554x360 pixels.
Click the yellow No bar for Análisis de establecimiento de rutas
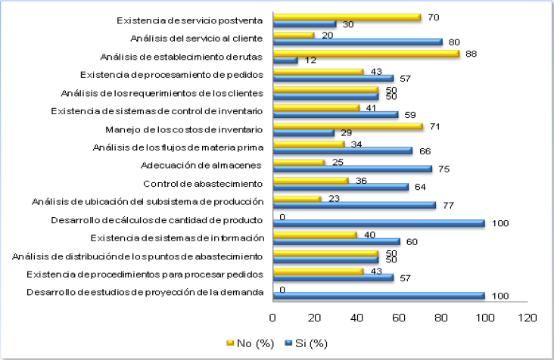pos(366,53)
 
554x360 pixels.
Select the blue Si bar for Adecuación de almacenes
pos(352,169)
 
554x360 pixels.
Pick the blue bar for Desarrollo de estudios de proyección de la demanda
pos(378,296)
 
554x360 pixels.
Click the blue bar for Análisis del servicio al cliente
pos(357,42)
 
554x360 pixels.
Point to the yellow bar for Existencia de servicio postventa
pos(347,17)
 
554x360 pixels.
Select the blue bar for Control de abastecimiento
pos(341,187)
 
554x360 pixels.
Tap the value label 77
pos(447,205)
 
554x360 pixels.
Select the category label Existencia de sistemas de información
pos(192,237)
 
